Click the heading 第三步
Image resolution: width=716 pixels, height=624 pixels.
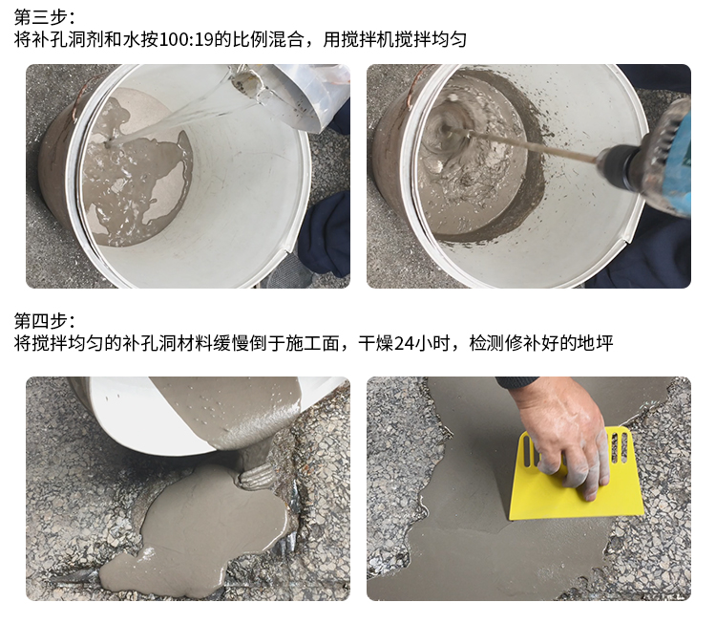click(40, 17)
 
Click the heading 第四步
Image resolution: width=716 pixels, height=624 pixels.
click(40, 321)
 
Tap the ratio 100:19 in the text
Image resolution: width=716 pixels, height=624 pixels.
click(186, 40)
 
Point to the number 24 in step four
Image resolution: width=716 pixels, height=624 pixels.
click(404, 343)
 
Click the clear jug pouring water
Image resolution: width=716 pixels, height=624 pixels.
click(292, 94)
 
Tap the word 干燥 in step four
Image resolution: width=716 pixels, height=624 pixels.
click(375, 343)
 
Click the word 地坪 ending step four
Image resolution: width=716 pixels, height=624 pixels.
click(595, 343)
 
